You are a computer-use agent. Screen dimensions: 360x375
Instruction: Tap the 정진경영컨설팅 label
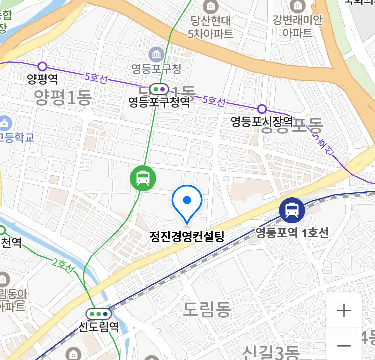pyautogui.click(x=187, y=237)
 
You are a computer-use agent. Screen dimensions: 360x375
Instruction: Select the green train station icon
pyautogui.click(x=143, y=178)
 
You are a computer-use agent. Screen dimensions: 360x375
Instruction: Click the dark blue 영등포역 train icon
pyautogui.click(x=292, y=210)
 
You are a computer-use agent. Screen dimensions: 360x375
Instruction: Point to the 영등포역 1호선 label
pyautogui.click(x=292, y=232)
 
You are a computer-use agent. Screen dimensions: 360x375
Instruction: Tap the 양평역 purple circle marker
pyautogui.click(x=42, y=66)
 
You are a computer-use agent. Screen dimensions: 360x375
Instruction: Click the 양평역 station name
pyautogui.click(x=42, y=79)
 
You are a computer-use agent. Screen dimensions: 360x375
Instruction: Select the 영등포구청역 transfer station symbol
pyautogui.click(x=159, y=89)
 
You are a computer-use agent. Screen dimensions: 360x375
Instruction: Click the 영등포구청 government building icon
pyautogui.click(x=156, y=54)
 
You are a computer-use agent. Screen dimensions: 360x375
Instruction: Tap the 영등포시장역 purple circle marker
pyautogui.click(x=262, y=109)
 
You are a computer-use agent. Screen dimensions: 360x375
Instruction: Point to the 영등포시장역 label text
pyautogui.click(x=262, y=122)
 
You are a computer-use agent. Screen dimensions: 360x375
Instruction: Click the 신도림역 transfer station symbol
pyautogui.click(x=98, y=314)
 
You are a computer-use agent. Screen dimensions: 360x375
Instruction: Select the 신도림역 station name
pyautogui.click(x=99, y=326)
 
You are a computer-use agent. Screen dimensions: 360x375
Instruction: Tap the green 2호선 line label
pyautogui.click(x=63, y=266)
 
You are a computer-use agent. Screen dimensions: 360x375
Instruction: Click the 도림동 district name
pyautogui.click(x=207, y=310)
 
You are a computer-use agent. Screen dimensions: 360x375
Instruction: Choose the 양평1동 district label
pyautogui.click(x=63, y=97)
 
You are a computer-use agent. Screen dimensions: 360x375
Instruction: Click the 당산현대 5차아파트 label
pyautogui.click(x=210, y=27)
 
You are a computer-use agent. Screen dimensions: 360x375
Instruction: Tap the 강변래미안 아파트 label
pyautogui.click(x=297, y=26)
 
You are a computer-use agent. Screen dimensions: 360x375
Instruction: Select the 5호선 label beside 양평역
pyautogui.click(x=96, y=78)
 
